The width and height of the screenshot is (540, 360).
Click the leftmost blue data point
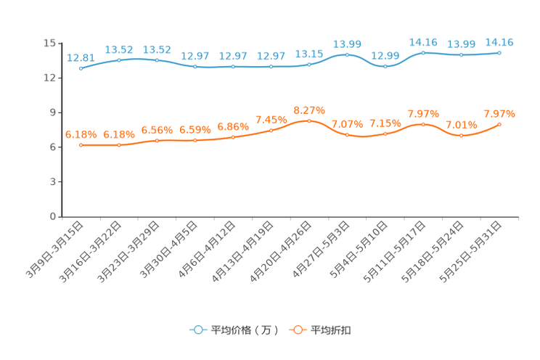coord(81,69)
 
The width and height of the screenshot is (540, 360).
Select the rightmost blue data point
coord(499,52)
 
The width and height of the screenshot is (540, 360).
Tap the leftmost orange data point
coord(81,145)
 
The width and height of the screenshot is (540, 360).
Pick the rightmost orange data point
coord(499,124)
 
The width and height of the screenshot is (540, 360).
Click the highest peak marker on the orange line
coord(309,120)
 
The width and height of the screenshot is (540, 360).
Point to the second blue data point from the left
coord(119,60)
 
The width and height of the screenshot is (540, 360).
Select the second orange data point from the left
coord(119,145)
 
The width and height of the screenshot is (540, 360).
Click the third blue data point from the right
coord(423,52)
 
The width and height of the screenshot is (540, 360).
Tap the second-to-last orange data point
coord(461,135)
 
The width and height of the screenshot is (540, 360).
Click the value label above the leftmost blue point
coord(80,57)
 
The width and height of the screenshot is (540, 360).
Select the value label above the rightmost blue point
coord(499,42)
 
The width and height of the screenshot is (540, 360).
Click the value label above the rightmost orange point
coord(499,114)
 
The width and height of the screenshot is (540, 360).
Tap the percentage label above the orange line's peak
coord(309,110)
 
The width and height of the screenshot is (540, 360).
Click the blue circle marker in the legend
coord(197,330)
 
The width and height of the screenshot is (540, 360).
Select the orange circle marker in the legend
coord(297,330)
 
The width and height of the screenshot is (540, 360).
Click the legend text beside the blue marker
coord(245,330)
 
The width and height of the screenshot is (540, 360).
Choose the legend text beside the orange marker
coord(332,330)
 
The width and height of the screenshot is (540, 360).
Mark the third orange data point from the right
coord(423,124)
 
